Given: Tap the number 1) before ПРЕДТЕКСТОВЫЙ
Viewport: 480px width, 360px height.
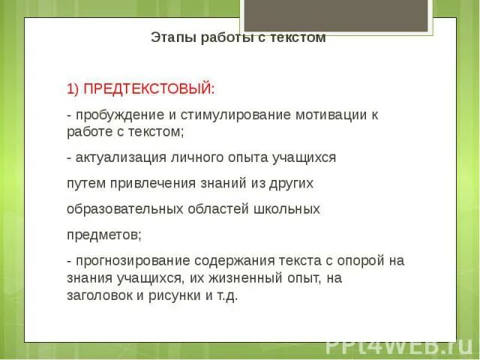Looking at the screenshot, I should tap(73, 89).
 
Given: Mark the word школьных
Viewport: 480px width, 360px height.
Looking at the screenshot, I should tap(288, 208).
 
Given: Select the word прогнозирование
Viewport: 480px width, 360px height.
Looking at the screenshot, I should tap(130, 260).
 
